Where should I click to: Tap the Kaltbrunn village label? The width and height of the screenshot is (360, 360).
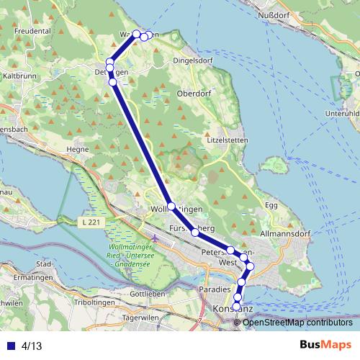20,75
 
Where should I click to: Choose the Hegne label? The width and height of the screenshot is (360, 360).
76,150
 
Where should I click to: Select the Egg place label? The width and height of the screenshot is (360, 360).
271,205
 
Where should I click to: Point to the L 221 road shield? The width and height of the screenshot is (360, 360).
91,222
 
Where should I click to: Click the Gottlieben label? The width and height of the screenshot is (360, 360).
148,294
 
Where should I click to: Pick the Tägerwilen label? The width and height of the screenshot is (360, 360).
140,318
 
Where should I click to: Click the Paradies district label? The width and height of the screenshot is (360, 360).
213,289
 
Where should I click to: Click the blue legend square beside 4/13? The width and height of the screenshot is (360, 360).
11,346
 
